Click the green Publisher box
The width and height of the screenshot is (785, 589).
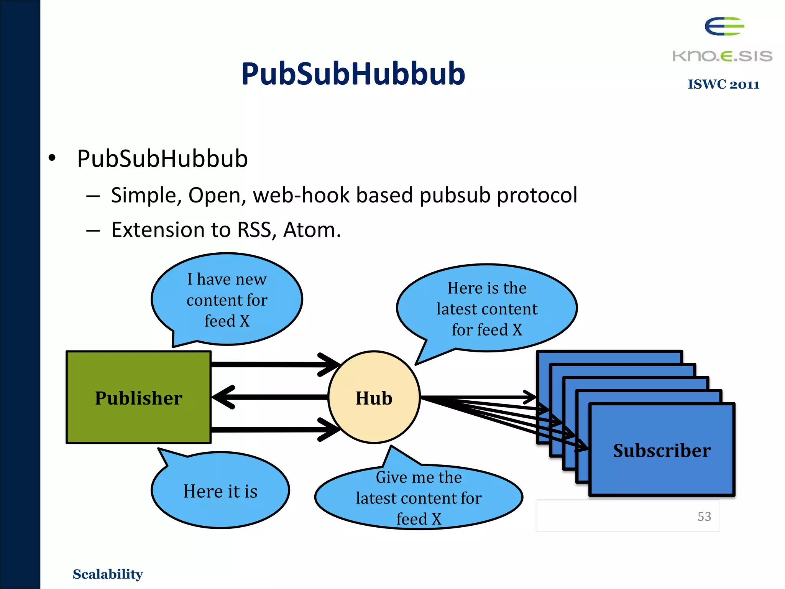pyautogui.click(x=138, y=397)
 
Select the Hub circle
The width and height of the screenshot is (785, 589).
pyautogui.click(x=374, y=397)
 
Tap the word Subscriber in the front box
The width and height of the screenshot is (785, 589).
pyautogui.click(x=662, y=450)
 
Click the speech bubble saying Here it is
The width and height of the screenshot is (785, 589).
pyautogui.click(x=220, y=491)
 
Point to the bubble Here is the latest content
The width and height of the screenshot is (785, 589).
pyautogui.click(x=487, y=308)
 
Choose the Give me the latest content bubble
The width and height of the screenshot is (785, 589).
pyautogui.click(x=419, y=498)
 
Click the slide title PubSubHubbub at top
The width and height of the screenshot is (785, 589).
pyautogui.click(x=353, y=74)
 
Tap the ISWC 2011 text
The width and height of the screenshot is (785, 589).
pyautogui.click(x=723, y=84)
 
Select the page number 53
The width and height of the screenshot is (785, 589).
pyautogui.click(x=704, y=517)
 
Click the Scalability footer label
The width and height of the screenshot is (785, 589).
pyautogui.click(x=108, y=574)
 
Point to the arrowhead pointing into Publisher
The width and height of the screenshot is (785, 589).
pyautogui.click(x=223, y=397)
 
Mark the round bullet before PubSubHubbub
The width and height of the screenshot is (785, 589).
pyautogui.click(x=52, y=158)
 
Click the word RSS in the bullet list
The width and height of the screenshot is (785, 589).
pyautogui.click(x=254, y=230)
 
